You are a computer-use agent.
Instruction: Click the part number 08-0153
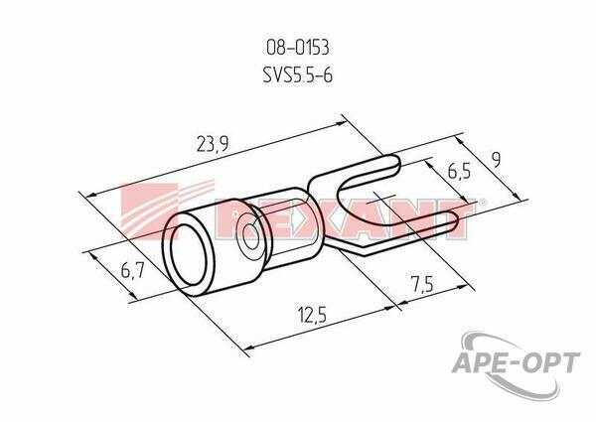tap(298, 48)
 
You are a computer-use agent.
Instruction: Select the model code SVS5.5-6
tap(298, 74)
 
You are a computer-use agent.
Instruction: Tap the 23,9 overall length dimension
tap(213, 144)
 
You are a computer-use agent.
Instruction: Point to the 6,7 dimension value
tap(132, 270)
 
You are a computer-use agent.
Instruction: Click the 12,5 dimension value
tap(312, 315)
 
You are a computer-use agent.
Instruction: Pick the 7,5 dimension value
tap(421, 283)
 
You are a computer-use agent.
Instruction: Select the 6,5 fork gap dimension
tap(459, 171)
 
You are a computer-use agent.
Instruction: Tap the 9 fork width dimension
tap(495, 159)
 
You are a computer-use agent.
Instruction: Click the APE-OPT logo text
tap(516, 362)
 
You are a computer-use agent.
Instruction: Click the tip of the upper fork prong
tap(398, 164)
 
